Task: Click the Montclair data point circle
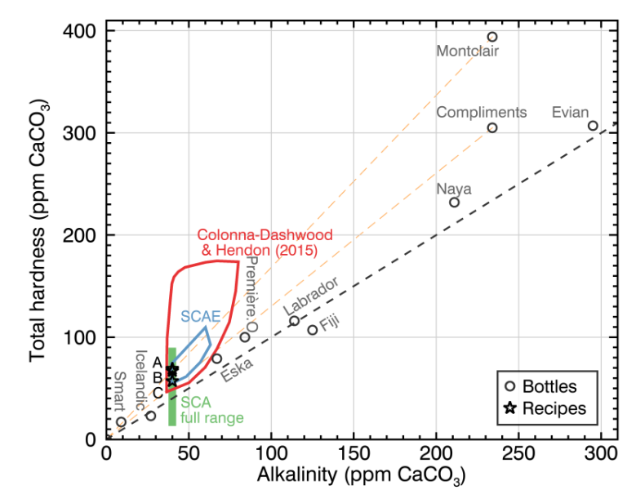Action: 492,37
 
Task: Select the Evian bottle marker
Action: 593,126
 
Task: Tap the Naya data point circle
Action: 455,203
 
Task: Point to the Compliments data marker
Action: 492,128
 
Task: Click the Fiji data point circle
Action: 312,330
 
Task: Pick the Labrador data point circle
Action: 294,321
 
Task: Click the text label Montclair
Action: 467,51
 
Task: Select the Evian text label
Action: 570,112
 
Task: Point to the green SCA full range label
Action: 211,410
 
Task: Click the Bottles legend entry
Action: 549,386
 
